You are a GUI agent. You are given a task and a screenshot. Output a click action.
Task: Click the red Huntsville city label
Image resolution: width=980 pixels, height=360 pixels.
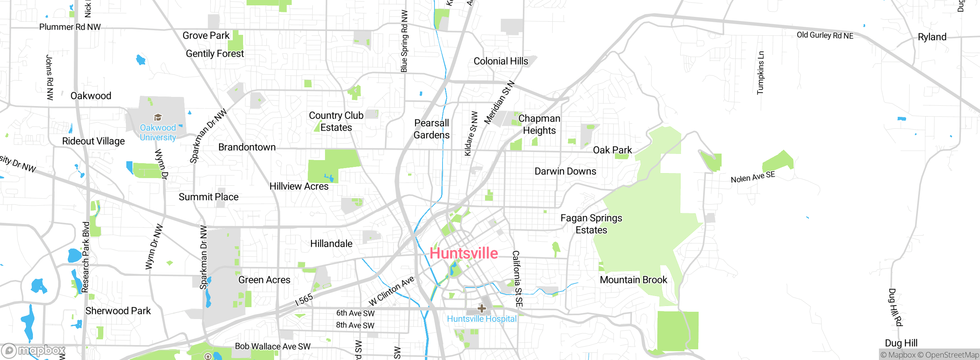[464, 253]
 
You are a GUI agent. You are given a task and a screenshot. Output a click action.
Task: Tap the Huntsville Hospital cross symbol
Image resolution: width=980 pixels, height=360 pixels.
[482, 308]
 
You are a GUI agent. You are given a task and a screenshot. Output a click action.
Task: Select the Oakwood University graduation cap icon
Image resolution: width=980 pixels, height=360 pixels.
[158, 117]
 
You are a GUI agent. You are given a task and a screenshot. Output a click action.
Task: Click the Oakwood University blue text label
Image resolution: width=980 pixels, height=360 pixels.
[158, 133]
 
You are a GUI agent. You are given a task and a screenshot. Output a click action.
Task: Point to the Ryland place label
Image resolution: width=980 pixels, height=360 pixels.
[932, 37]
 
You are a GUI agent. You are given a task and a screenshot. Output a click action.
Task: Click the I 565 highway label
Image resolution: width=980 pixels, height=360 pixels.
[304, 299]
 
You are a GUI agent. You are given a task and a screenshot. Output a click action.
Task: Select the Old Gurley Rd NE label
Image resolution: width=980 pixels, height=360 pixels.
[825, 35]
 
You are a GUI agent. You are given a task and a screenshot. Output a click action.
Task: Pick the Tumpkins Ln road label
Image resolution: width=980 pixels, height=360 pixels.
[760, 73]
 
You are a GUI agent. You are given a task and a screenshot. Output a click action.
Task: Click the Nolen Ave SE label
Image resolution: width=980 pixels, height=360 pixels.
[753, 177]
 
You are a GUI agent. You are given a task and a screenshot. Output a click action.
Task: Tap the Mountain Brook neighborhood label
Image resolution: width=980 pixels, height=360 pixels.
[633, 280]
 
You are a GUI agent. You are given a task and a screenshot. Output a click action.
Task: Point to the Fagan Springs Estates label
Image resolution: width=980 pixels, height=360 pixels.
[591, 224]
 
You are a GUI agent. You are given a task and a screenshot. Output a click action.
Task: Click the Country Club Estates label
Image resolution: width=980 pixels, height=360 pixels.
[336, 121]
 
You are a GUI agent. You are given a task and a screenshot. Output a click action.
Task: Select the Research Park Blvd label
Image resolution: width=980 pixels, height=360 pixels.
[86, 257]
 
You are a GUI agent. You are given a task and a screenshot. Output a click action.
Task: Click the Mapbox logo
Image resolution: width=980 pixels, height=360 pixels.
[34, 350]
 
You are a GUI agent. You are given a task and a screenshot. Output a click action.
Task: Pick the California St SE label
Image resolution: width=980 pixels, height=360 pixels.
[517, 278]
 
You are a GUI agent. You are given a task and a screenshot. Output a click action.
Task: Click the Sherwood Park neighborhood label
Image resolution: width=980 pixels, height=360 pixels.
[118, 311]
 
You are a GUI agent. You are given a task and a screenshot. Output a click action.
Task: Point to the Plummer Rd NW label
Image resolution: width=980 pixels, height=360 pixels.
[70, 27]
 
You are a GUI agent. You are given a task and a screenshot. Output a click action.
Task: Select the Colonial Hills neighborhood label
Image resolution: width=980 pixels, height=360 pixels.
[501, 61]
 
